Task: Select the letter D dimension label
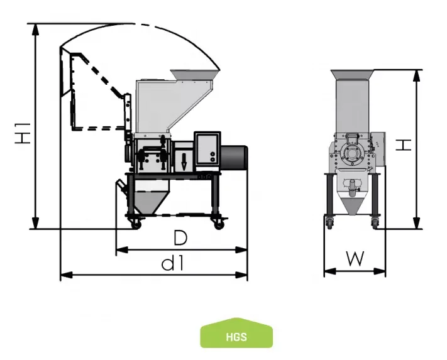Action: pos(180,237)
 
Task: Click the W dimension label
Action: pos(355,259)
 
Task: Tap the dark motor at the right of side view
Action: pos(235,156)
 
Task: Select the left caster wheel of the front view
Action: pos(329,222)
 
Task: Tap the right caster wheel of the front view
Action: pos(375,222)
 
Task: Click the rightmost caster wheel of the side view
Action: pos(219,222)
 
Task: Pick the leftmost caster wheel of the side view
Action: pos(133,222)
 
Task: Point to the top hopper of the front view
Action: pos(353,75)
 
